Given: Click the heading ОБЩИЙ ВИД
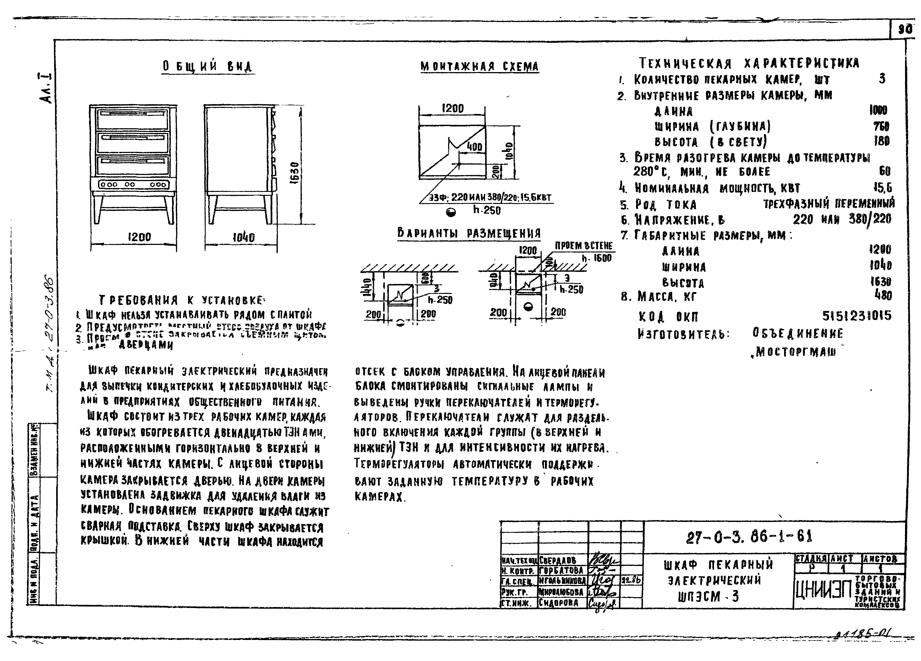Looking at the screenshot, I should pyautogui.click(x=207, y=67).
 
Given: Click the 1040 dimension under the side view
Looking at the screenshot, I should pyautogui.click(x=243, y=237).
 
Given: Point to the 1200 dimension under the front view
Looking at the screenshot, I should pyautogui.click(x=139, y=237).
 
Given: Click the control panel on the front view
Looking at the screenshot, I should pyautogui.click(x=133, y=185).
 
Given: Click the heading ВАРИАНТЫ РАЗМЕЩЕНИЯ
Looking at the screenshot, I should pyautogui.click(x=469, y=234).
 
